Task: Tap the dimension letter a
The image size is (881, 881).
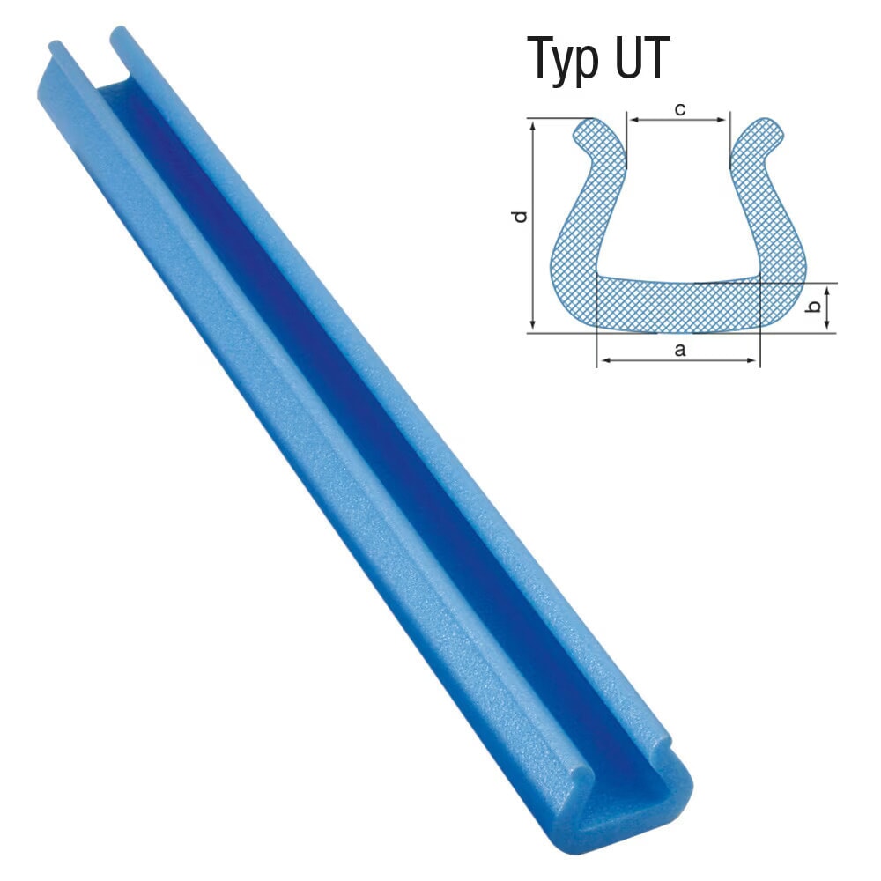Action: click(x=678, y=350)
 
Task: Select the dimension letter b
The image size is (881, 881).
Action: click(x=815, y=307)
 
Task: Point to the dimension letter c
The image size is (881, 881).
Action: click(x=679, y=109)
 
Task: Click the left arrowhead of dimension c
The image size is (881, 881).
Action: click(x=630, y=117)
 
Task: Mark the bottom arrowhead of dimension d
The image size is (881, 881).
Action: click(x=532, y=328)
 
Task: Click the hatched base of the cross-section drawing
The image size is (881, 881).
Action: click(x=678, y=304)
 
